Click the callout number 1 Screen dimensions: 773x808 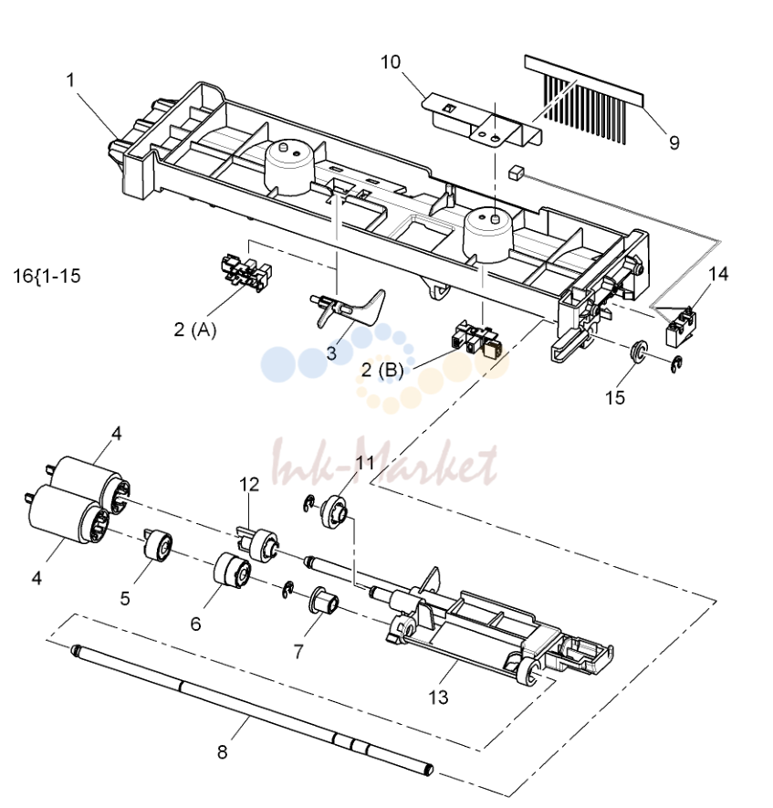pyautogui.click(x=70, y=80)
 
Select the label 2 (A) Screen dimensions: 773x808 pyautogui.click(x=195, y=330)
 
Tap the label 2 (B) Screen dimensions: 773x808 pyautogui.click(x=382, y=370)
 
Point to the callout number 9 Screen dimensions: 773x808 pyautogui.click(x=674, y=142)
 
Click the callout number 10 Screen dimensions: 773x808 pyautogui.click(x=391, y=62)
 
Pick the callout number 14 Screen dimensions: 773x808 pyautogui.click(x=718, y=274)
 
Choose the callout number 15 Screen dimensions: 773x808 pyautogui.click(x=615, y=397)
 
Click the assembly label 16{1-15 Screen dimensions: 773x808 pyautogui.click(x=47, y=276)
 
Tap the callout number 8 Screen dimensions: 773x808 pyautogui.click(x=222, y=751)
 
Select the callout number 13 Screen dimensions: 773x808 pyautogui.click(x=438, y=698)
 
